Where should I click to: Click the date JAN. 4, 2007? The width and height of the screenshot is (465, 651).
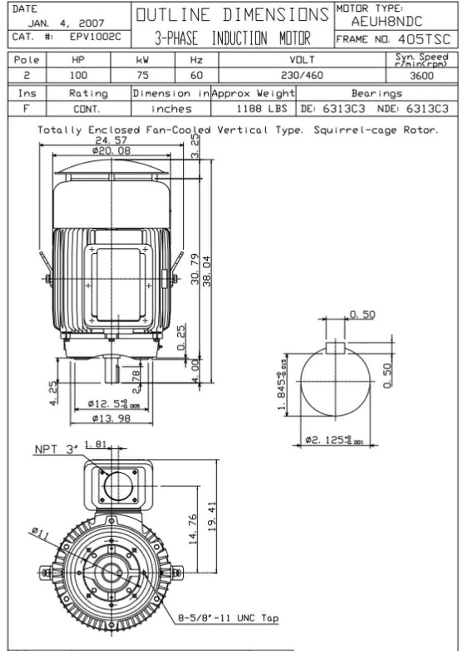66,23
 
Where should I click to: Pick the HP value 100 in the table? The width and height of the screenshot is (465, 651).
78,76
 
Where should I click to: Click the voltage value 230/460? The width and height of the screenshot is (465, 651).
302,76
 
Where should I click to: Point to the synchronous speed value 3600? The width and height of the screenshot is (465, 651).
421,76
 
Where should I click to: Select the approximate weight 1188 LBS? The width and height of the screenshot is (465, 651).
262,109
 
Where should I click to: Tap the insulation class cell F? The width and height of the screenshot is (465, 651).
27,109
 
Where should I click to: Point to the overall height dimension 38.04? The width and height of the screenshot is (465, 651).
207,271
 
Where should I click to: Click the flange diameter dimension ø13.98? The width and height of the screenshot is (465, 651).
111,419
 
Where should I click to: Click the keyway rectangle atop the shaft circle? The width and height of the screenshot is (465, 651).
335,347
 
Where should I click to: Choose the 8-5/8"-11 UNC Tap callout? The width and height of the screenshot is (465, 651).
228,618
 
